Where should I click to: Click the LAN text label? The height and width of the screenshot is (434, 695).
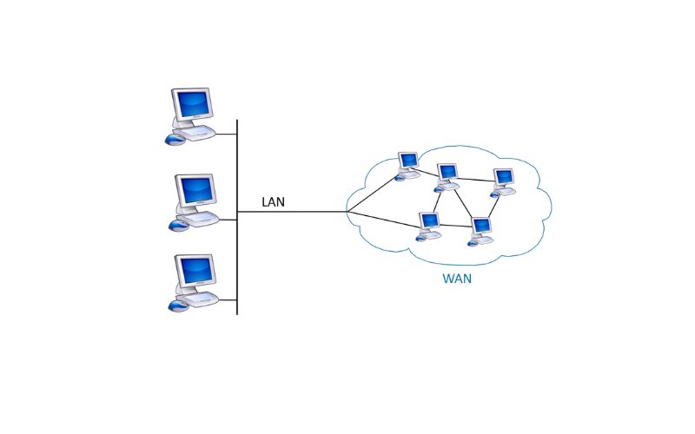(x=273, y=202)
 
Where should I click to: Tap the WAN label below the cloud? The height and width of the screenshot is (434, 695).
(x=457, y=279)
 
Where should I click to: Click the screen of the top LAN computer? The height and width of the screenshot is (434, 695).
(x=192, y=104)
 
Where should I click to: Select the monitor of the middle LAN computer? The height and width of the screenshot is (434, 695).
(x=195, y=188)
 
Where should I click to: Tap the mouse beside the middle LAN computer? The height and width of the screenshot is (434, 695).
(x=177, y=225)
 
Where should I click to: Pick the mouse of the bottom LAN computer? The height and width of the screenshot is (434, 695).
(x=177, y=306)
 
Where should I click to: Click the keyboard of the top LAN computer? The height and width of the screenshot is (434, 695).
(x=198, y=132)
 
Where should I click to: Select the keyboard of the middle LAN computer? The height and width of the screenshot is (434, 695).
(x=200, y=218)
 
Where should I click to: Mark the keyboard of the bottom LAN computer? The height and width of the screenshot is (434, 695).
(x=200, y=299)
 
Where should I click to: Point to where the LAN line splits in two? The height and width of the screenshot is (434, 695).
(x=347, y=212)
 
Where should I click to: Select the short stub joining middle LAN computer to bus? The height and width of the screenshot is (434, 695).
(x=227, y=220)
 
